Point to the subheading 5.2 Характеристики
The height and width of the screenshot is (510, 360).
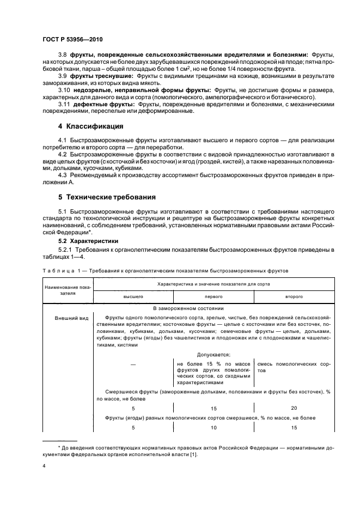(92, 240)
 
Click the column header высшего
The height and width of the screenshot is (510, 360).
(133, 296)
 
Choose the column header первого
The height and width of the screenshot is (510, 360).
(213, 296)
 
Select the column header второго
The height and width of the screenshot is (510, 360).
(294, 296)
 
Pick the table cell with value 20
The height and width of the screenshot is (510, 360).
(294, 408)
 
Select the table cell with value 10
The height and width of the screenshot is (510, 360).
(213, 428)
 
